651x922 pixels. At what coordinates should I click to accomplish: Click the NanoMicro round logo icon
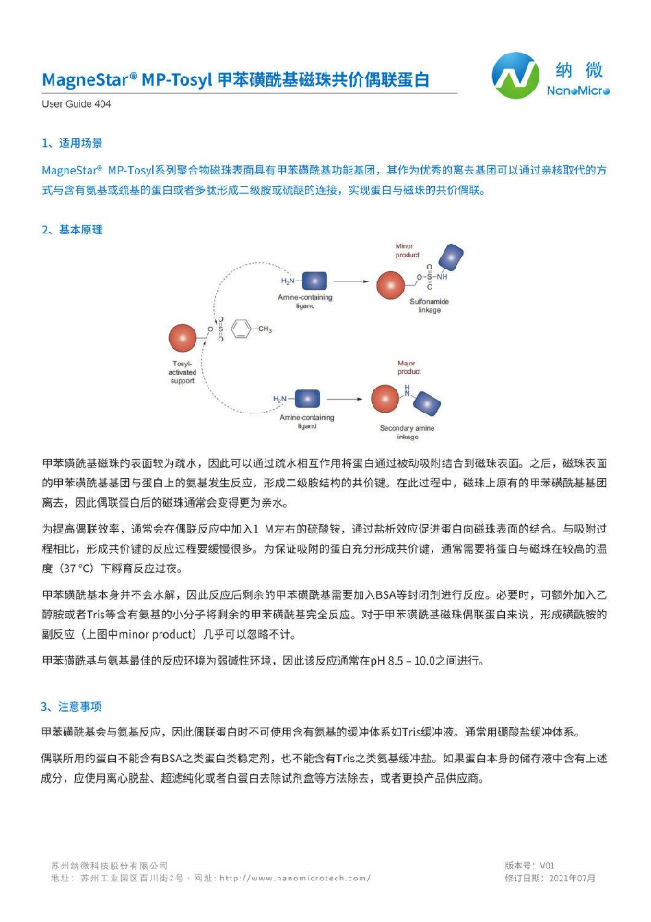[515, 76]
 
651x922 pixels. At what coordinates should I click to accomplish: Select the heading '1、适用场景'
[72, 144]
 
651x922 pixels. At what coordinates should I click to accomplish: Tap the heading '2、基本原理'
[72, 230]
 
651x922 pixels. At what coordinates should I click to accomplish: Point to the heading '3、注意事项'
[72, 706]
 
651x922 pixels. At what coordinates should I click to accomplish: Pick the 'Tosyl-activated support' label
[183, 372]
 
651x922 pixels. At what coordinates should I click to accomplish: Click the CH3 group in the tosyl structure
[264, 329]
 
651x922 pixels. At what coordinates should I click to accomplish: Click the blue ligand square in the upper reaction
[315, 279]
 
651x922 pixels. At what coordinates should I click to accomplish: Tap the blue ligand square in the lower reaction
[303, 399]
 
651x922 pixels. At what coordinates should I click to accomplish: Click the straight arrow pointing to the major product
[345, 399]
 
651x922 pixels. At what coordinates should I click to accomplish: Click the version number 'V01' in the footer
[547, 866]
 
